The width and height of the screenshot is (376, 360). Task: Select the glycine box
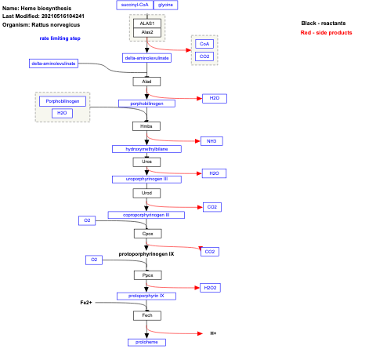coord(165,5)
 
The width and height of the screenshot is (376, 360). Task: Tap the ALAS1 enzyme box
coord(147,24)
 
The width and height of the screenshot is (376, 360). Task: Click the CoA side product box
coord(204,45)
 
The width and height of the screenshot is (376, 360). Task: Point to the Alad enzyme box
coord(146,81)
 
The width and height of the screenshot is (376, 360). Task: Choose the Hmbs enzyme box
coord(146,125)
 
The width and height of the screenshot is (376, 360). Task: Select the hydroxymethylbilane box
coord(146,148)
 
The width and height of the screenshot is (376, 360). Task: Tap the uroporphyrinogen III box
coord(146,179)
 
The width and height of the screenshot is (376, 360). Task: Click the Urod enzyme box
coord(146,192)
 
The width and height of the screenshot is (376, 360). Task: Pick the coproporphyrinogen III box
coord(146,214)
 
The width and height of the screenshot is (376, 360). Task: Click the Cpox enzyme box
coord(146,233)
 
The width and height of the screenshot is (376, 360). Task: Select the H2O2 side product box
coord(210,288)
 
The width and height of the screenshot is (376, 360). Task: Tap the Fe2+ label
coord(86,302)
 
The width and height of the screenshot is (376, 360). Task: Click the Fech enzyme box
coord(146,315)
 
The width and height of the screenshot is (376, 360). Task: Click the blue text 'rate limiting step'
coord(61,38)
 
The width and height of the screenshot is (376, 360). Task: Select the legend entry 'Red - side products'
coord(326,33)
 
